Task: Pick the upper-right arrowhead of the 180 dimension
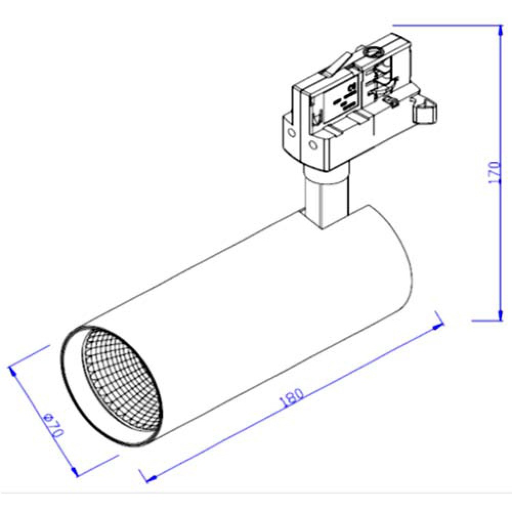point(438,324)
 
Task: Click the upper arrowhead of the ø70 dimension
point(13,370)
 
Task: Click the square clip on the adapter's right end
point(425,111)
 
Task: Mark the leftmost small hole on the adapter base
point(292,133)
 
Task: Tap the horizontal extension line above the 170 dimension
point(445,25)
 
